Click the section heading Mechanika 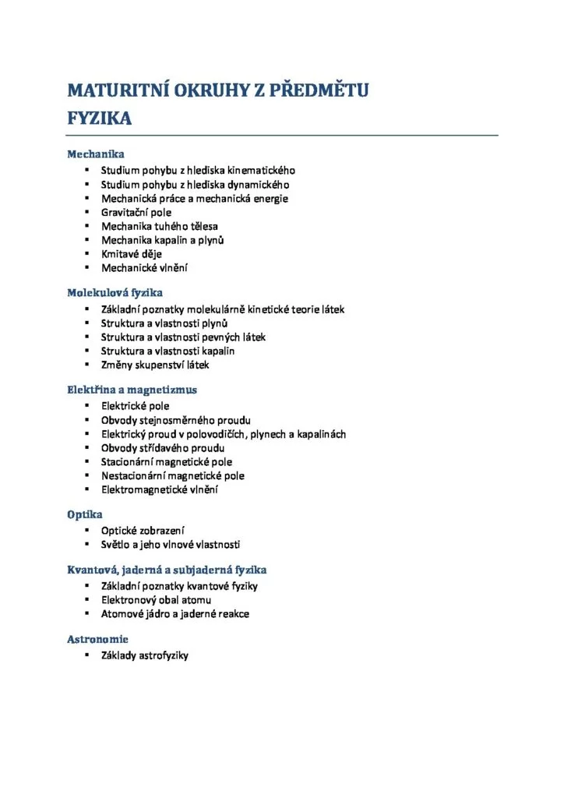coord(96,154)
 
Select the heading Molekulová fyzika coord(115,293)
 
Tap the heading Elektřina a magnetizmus coord(132,390)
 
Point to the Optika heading coord(85,514)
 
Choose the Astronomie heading coord(97,639)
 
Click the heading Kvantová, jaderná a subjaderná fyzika coord(167,570)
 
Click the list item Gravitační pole coord(136,212)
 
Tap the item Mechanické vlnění coord(144,268)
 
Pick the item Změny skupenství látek coord(155,365)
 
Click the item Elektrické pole coord(135,406)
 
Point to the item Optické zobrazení coord(143,531)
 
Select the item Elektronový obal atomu coord(156,600)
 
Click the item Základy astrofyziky coord(145,655)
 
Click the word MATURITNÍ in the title coord(117,90)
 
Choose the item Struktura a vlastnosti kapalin coord(168,351)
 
